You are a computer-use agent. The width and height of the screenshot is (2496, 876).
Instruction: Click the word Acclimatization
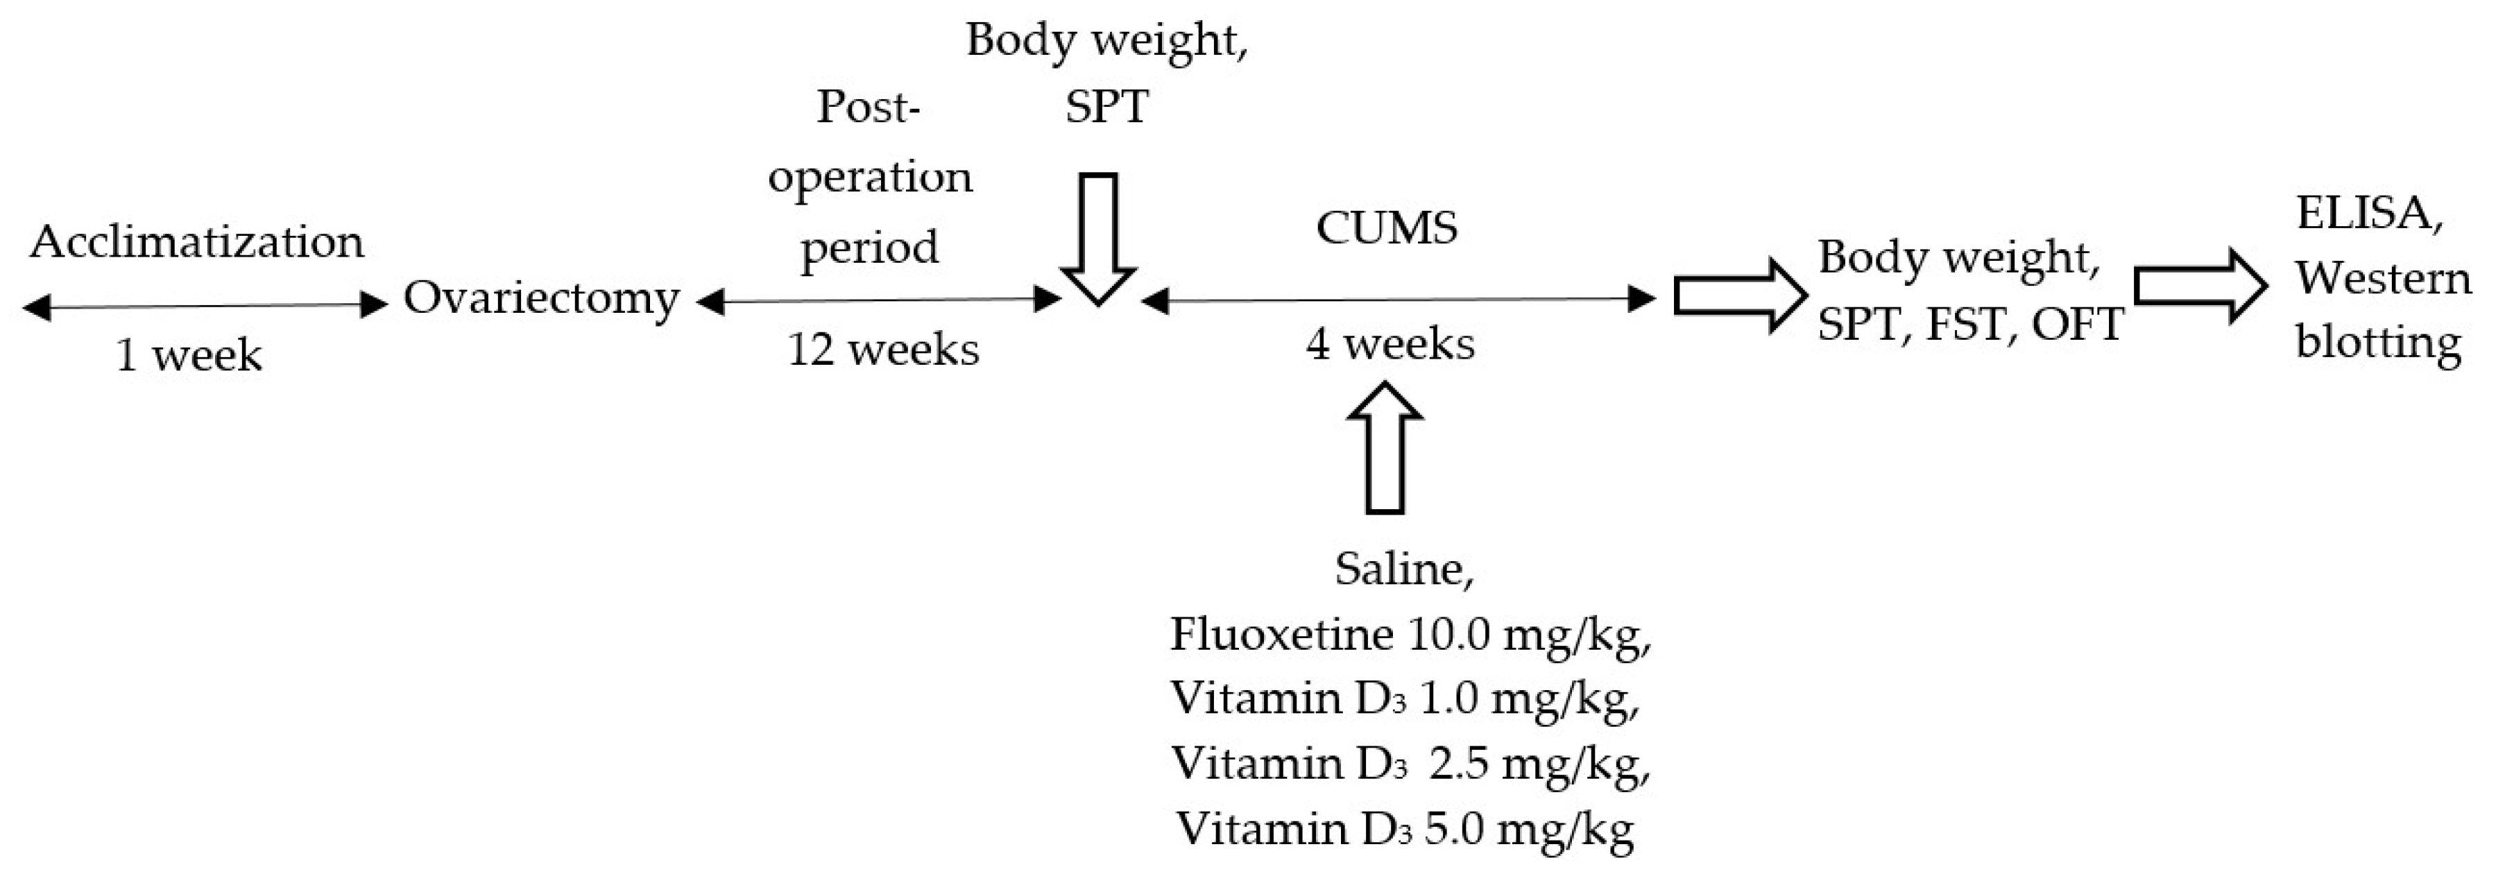pyautogui.click(x=197, y=242)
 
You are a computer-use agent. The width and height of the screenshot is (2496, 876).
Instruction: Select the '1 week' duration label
pyautogui.click(x=189, y=354)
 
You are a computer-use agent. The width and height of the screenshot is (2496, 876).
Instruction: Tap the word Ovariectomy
pyautogui.click(x=540, y=298)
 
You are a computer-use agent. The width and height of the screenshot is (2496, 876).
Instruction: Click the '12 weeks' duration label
pyautogui.click(x=882, y=349)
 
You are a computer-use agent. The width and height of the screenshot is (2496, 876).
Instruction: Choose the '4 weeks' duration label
pyautogui.click(x=1390, y=343)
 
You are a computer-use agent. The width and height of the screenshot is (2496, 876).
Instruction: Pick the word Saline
pyautogui.click(x=1404, y=569)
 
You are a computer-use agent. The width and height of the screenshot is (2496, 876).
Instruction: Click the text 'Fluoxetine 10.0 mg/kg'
pyautogui.click(x=1410, y=635)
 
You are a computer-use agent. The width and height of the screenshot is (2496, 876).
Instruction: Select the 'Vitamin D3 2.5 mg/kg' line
pyautogui.click(x=1410, y=764)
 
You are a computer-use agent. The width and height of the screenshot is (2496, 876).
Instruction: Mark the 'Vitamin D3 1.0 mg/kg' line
pyautogui.click(x=1405, y=698)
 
